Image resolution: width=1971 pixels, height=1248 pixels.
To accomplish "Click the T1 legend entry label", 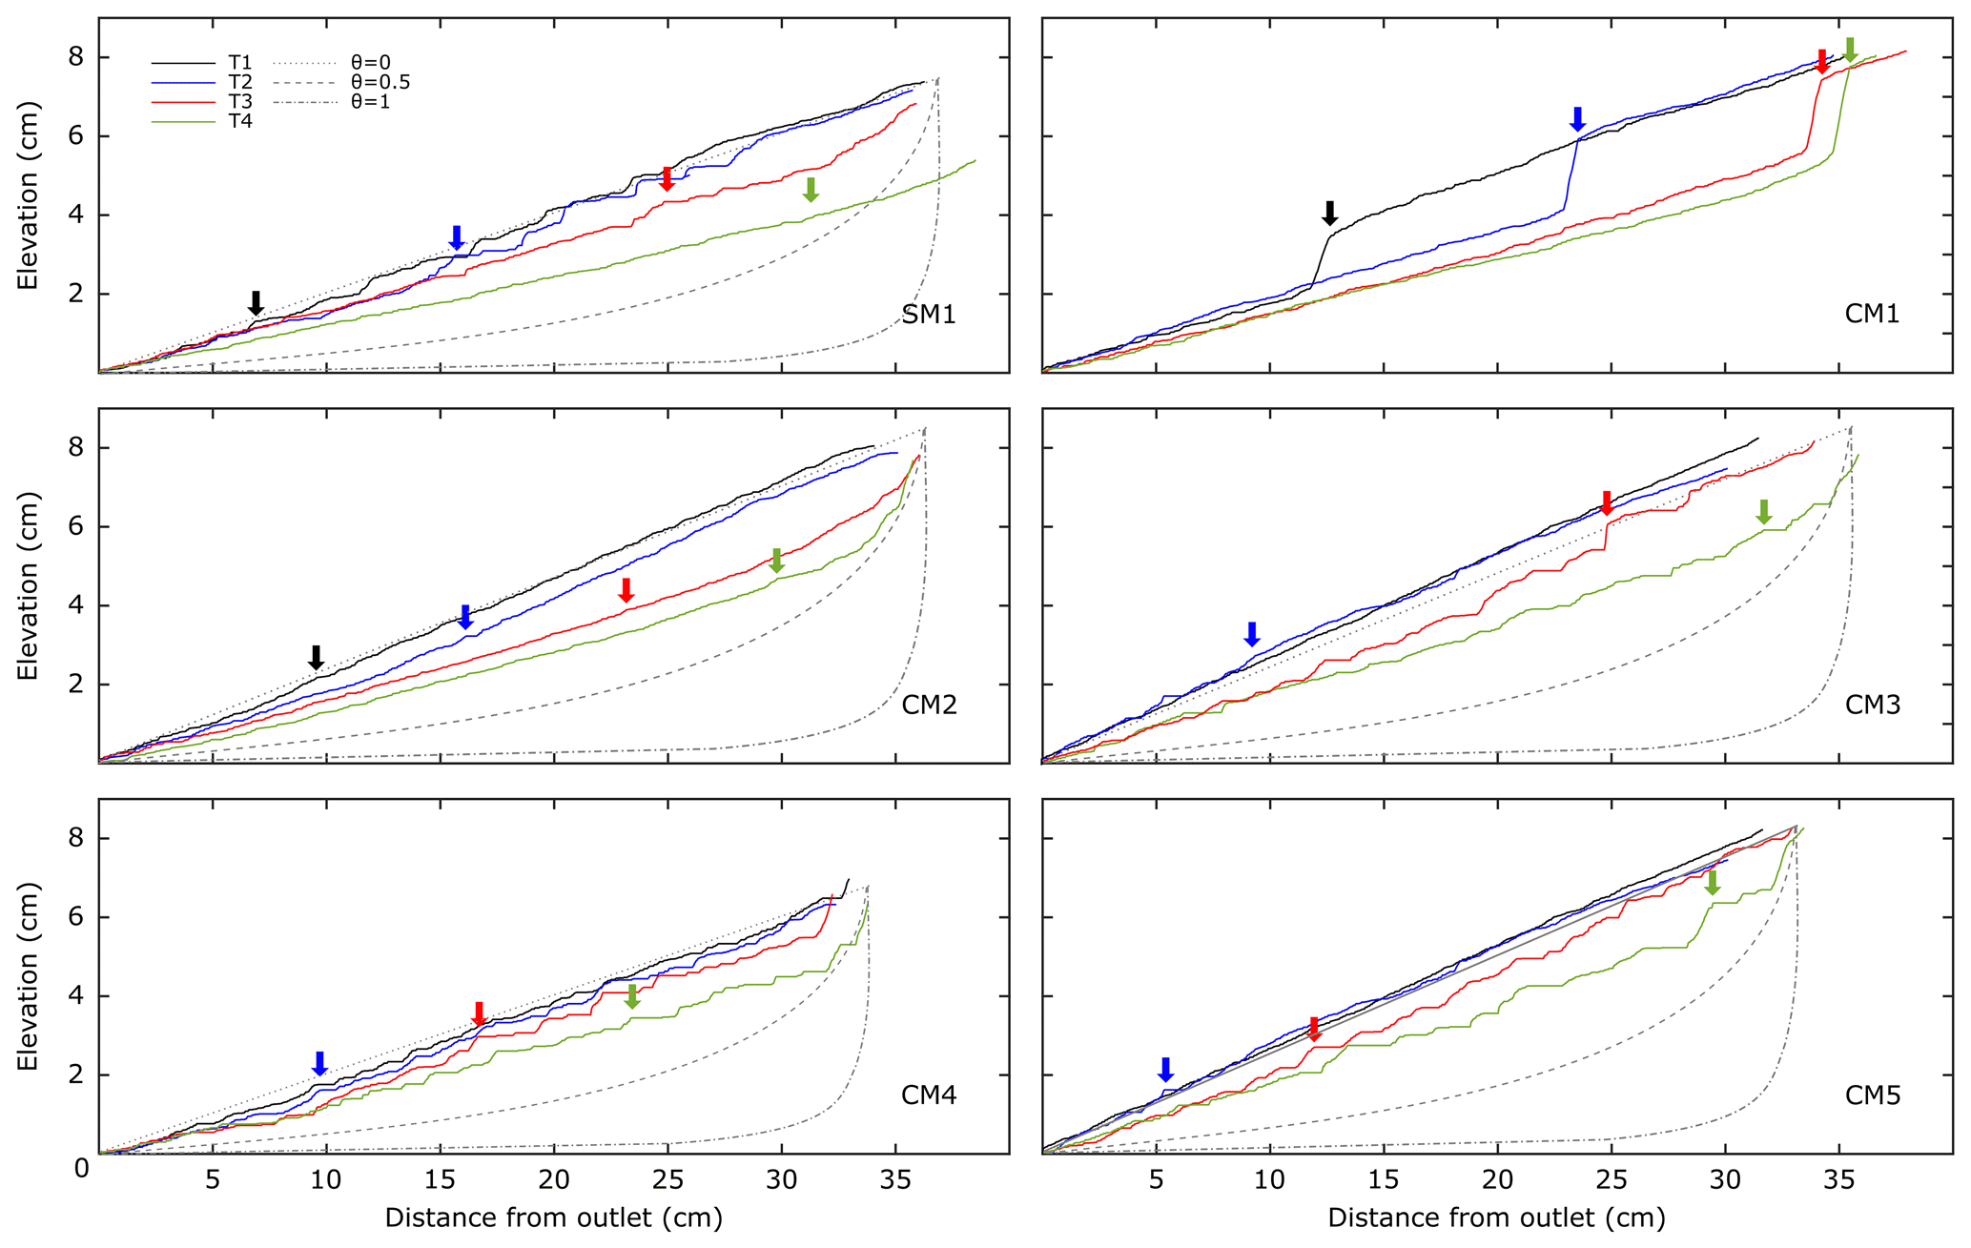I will pyautogui.click(x=239, y=63).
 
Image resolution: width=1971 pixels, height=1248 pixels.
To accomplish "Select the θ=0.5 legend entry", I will pyautogui.click(x=380, y=83).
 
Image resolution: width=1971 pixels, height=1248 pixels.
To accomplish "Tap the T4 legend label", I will pyautogui.click(x=239, y=121).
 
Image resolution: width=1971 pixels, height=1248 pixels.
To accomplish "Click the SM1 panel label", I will pyautogui.click(x=929, y=315).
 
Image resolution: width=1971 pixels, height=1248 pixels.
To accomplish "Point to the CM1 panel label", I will pyautogui.click(x=1872, y=315).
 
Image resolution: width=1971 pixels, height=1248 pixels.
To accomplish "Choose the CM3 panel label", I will pyautogui.click(x=1872, y=706).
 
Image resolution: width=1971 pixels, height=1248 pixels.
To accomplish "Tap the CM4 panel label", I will pyautogui.click(x=929, y=1095).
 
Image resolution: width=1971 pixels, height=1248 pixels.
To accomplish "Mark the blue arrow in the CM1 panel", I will pyautogui.click(x=1577, y=119).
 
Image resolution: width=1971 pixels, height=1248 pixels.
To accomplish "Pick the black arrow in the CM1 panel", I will pyautogui.click(x=1330, y=213).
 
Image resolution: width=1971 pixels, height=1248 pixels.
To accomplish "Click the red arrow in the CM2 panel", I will pyautogui.click(x=626, y=590).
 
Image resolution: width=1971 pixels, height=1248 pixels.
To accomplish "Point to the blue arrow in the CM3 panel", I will pyautogui.click(x=1252, y=634).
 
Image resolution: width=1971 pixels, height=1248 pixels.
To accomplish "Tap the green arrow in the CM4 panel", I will pyautogui.click(x=632, y=996).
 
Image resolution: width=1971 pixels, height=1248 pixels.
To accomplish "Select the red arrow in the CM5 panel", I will pyautogui.click(x=1314, y=1029).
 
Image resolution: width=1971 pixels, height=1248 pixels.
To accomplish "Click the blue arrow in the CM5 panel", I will pyautogui.click(x=1165, y=1070).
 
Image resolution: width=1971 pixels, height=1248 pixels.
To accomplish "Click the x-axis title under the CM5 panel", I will pyautogui.click(x=1496, y=1218).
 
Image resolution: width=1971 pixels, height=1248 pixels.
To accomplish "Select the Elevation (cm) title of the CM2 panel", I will pyautogui.click(x=28, y=585).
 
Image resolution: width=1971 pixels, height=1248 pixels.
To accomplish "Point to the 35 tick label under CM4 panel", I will pyautogui.click(x=895, y=1180).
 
